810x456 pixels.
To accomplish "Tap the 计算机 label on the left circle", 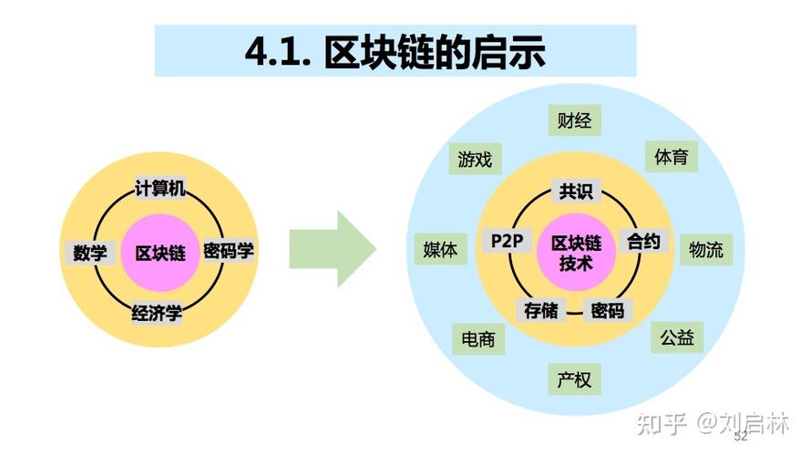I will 159,189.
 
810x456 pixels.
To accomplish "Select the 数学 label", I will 89,253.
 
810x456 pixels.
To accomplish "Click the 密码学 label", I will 229,251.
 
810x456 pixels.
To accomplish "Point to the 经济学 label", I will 157,314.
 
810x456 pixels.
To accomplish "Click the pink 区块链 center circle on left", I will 159,253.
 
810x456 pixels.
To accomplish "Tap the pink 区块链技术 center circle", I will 576,253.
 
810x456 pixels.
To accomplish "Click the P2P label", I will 506,241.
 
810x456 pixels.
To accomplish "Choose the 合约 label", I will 643,241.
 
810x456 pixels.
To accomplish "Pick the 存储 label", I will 539,310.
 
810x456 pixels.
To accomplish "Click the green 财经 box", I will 575,121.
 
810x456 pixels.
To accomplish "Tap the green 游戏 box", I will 475,160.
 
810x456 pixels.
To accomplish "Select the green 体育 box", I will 672,156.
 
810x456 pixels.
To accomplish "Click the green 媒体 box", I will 440,249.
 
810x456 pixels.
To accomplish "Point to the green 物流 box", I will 706,249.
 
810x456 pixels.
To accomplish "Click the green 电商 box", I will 478,340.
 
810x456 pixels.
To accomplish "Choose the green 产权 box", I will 575,379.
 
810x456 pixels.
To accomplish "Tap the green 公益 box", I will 677,337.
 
